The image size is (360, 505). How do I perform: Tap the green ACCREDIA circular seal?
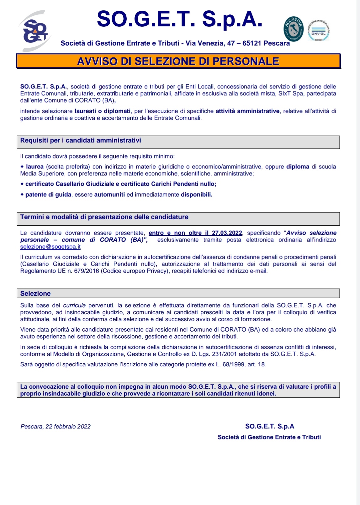[x=294, y=29]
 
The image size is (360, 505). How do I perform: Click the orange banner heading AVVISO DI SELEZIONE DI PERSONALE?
[x=178, y=61]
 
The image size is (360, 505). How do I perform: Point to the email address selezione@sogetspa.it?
[x=50, y=247]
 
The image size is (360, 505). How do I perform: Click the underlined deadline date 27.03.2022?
[x=227, y=233]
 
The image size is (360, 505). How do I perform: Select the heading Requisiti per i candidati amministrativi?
[x=81, y=141]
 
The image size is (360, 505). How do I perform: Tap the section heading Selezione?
[x=35, y=294]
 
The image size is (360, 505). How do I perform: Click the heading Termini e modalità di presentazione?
[x=104, y=217]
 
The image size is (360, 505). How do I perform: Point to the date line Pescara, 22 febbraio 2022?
[x=56, y=427]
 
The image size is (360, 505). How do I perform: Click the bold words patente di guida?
[x=48, y=195]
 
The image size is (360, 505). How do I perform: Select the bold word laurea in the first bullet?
[x=34, y=167]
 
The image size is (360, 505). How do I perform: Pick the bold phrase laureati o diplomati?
[x=103, y=111]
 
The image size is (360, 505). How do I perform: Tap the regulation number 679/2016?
[x=86, y=271]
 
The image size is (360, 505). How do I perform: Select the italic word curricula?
[x=74, y=306]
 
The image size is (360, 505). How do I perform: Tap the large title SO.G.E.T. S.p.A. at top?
[x=179, y=19]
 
